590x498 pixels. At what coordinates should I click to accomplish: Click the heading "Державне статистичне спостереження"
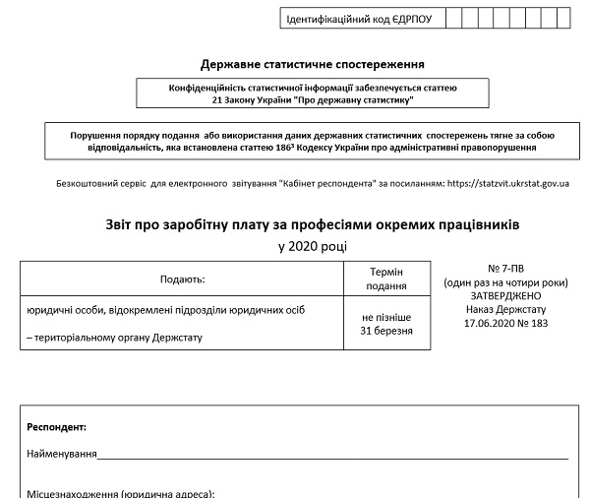coord(312,65)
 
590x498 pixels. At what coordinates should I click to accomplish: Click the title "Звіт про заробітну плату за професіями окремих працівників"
coord(313,225)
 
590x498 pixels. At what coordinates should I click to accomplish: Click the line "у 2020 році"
coord(313,246)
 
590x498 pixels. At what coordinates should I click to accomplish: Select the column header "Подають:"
coord(181,279)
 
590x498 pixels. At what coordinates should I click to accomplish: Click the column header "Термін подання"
coord(386,279)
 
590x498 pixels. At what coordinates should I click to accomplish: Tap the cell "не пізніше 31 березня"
coord(386,324)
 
